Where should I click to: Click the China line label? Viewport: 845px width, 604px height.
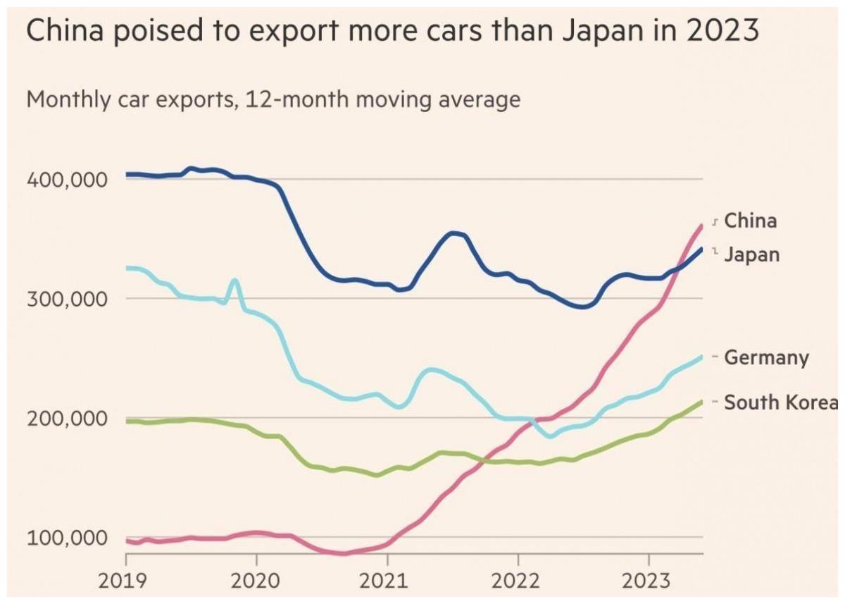coord(751,221)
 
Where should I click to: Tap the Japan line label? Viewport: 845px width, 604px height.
coord(752,255)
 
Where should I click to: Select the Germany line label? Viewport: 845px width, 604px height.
coord(767,358)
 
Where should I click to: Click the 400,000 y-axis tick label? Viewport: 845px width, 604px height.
coord(67,180)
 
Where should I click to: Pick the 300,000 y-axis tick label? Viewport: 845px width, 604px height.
coord(67,300)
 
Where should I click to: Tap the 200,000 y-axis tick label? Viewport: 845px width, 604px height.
coord(67,419)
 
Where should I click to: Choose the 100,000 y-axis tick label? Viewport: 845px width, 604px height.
coord(67,538)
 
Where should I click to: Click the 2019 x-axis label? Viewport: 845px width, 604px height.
coord(123,581)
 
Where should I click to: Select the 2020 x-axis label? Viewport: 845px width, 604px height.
coord(255,581)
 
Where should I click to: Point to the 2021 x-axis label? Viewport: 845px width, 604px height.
coord(383,581)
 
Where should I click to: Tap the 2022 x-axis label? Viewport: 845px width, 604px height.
coord(515,581)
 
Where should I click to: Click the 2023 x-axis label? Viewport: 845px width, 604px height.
coord(646,581)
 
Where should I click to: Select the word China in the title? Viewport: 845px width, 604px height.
coord(65,30)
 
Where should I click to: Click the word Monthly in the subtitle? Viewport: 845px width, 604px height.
coord(68,100)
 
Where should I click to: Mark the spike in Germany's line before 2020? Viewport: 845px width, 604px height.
coord(235,280)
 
